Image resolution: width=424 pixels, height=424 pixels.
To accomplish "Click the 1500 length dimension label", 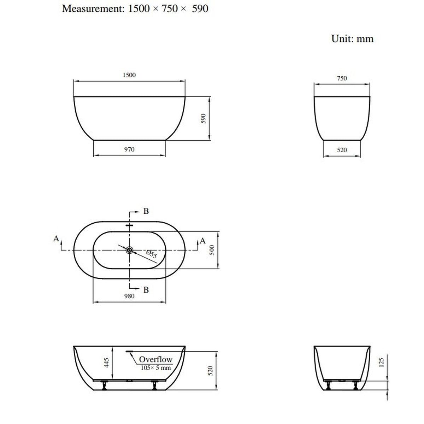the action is (129, 75).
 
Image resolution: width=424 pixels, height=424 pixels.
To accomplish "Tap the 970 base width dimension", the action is (129, 149).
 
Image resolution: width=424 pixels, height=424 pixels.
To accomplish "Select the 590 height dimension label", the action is (204, 119).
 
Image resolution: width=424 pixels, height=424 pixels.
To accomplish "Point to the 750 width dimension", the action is (342, 78).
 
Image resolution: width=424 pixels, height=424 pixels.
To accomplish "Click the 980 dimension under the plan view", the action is (129, 296).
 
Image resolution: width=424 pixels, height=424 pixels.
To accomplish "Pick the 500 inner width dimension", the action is (212, 250).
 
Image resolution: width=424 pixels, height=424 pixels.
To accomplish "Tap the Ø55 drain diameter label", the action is (152, 254).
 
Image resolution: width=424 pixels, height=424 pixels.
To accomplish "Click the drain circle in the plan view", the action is (129, 250).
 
